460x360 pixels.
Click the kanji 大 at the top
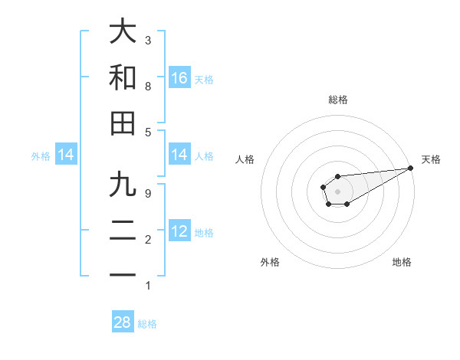click(x=123, y=32)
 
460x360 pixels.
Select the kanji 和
click(x=123, y=78)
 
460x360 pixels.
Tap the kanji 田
click(x=123, y=123)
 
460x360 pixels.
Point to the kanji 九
click(x=123, y=186)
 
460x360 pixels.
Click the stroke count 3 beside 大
click(x=148, y=40)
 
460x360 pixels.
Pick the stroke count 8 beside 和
click(x=148, y=86)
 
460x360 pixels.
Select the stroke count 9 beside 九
click(x=148, y=194)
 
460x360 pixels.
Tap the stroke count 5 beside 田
click(x=148, y=132)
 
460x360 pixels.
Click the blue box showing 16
click(x=179, y=78)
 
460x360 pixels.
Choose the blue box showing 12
click(x=179, y=231)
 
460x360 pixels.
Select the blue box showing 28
click(x=123, y=322)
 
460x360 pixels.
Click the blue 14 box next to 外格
click(x=66, y=155)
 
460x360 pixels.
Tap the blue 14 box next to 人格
click(x=179, y=155)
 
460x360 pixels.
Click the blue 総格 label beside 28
click(x=147, y=324)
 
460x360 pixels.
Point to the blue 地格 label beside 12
click(x=204, y=232)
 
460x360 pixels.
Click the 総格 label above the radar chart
click(x=338, y=100)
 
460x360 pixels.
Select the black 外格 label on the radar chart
click(x=270, y=262)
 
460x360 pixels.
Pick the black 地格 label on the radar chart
click(x=402, y=262)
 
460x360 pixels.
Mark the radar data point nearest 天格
click(x=410, y=168)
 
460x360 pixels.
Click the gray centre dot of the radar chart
click(x=337, y=190)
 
